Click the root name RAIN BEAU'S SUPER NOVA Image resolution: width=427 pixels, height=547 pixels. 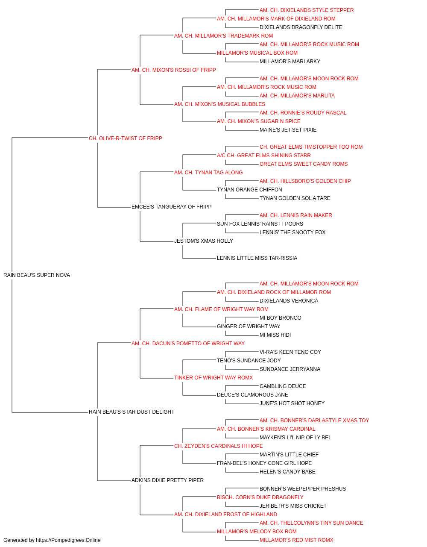[37, 275]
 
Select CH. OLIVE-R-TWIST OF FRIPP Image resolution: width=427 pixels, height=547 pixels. [125, 138]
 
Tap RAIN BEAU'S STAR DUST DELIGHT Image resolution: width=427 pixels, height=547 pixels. [132, 412]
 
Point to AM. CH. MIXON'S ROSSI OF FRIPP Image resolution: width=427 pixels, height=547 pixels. [173, 70]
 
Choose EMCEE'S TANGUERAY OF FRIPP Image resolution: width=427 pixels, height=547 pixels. [172, 207]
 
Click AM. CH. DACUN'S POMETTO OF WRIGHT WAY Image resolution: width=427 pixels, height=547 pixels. [188, 344]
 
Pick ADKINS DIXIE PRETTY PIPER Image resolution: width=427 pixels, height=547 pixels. [167, 480]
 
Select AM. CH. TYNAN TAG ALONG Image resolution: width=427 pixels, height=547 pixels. [208, 173]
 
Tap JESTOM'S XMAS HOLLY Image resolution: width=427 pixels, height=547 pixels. [204, 241]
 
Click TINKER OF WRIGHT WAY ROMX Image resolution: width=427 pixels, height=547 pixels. [213, 378]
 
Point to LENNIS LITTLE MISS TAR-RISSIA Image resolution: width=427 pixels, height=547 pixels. [257, 258]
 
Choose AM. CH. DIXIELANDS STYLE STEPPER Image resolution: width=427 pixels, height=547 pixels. [307, 10]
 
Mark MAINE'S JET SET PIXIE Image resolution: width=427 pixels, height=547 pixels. [288, 130]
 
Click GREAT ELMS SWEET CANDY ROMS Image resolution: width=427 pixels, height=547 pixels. [304, 164]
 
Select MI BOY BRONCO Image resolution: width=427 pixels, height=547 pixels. [281, 318]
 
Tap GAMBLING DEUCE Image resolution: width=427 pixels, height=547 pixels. [283, 386]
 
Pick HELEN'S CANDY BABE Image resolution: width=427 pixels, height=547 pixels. [287, 472]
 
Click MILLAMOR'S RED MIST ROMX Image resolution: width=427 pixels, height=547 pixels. [296, 540]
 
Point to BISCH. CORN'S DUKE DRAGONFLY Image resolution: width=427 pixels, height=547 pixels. [260, 497]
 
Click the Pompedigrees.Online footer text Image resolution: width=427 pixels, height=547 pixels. [52, 540]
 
